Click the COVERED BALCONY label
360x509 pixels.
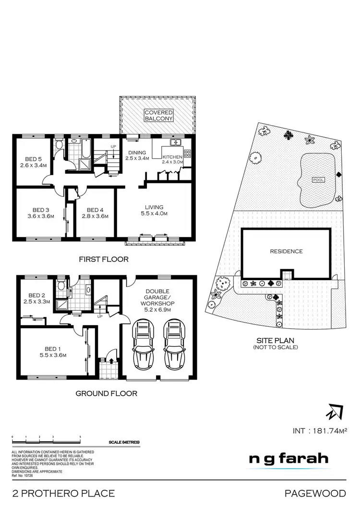click(158, 115)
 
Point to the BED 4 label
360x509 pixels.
click(95, 210)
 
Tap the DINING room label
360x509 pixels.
click(137, 152)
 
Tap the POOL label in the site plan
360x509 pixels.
click(318, 180)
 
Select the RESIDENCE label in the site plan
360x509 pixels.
click(286, 251)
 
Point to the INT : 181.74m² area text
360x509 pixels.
click(319, 431)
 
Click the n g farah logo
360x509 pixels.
click(288, 458)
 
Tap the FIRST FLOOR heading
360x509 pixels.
click(104, 259)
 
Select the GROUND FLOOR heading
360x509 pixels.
click(107, 393)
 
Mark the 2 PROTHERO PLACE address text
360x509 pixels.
click(63, 493)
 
